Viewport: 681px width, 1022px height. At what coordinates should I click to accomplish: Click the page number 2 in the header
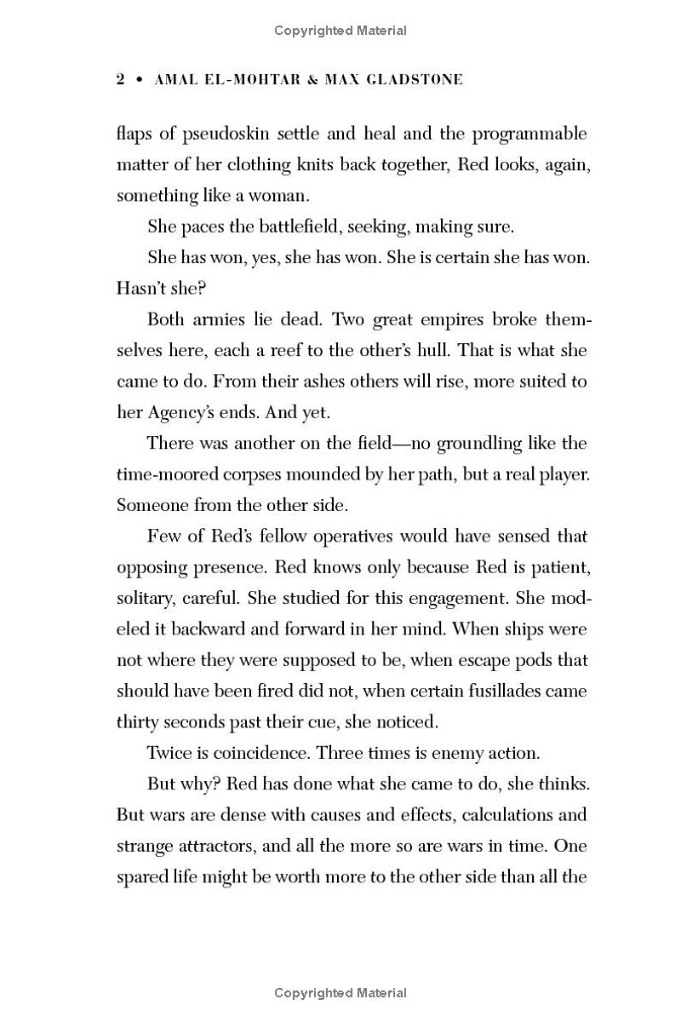pyautogui.click(x=121, y=80)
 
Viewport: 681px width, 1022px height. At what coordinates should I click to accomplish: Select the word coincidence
pyautogui.click(x=255, y=753)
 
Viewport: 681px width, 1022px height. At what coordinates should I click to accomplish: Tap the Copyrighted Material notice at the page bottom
pyautogui.click(x=340, y=993)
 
